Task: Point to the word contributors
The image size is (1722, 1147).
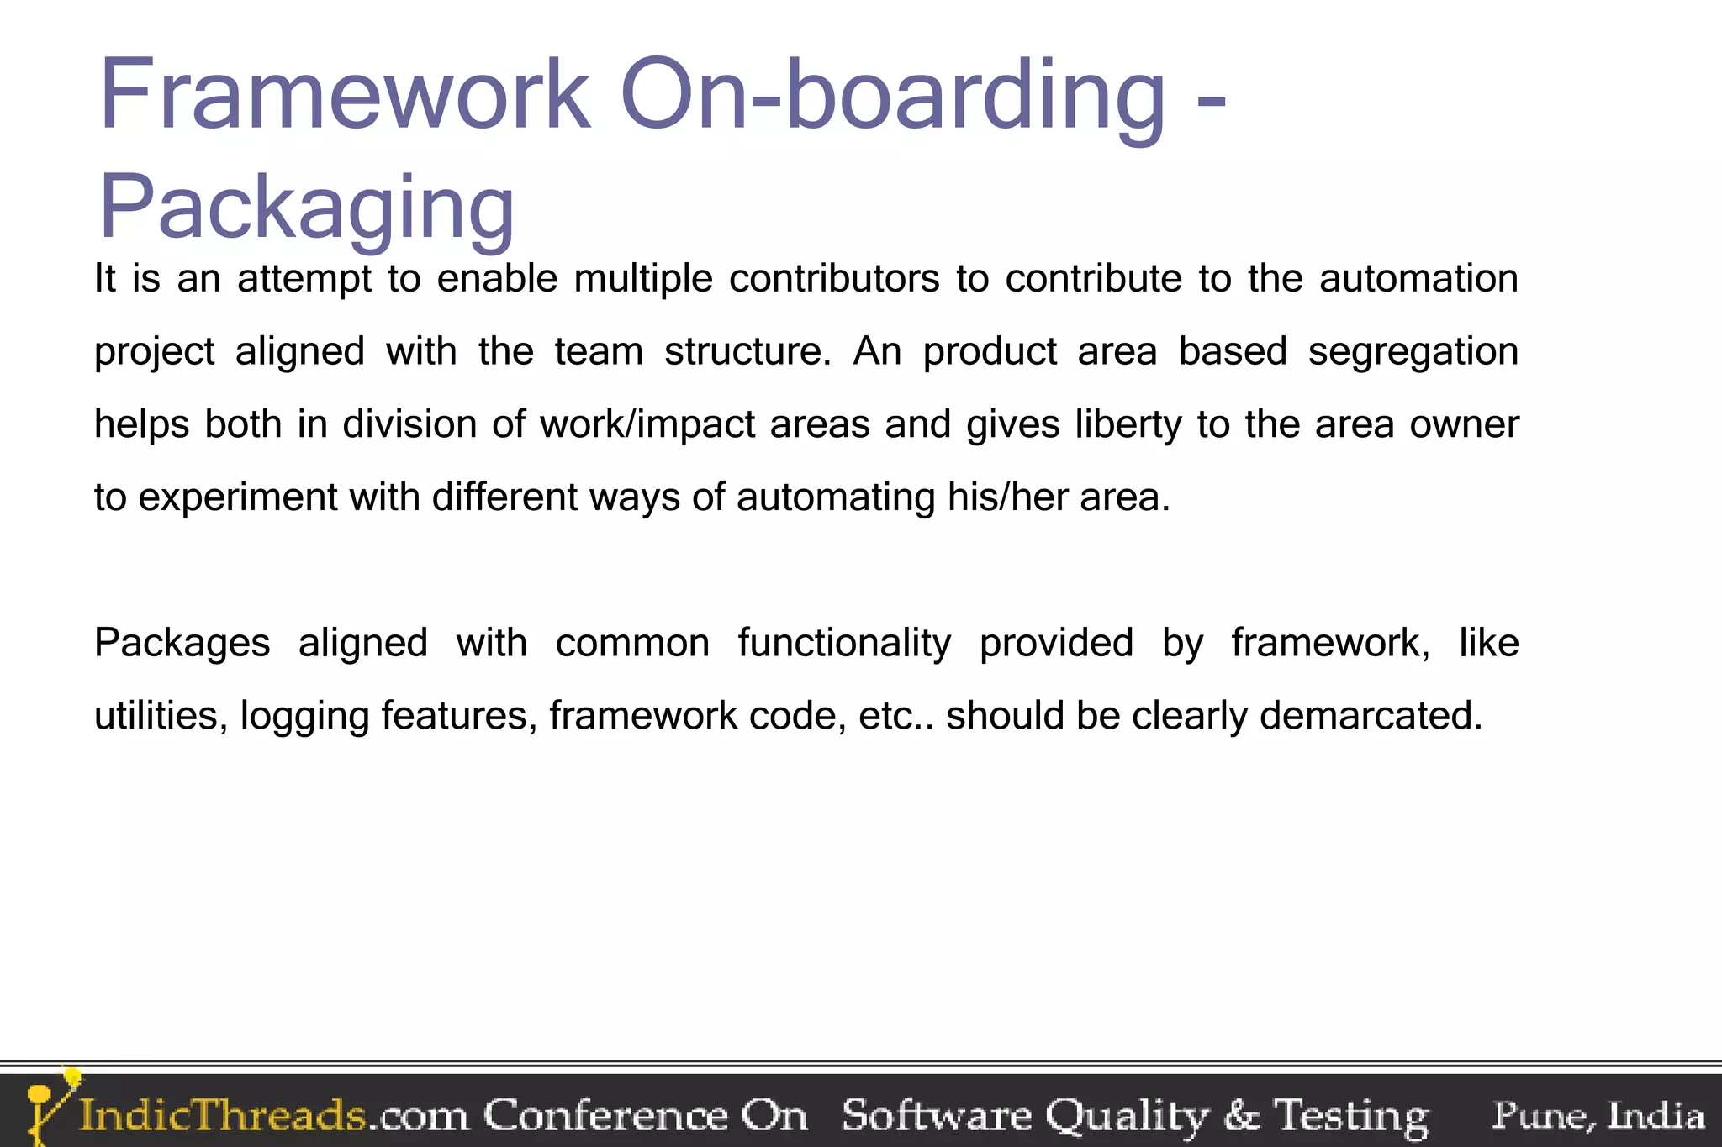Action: tap(834, 279)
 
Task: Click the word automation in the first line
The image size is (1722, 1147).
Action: tap(1418, 279)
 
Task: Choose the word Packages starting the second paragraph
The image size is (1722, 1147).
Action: tap(182, 644)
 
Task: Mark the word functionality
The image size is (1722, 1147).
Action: tap(844, 644)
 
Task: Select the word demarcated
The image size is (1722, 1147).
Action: tap(1371, 716)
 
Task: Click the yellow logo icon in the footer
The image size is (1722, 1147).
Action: tap(49, 1105)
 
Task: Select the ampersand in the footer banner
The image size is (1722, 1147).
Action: tap(1243, 1116)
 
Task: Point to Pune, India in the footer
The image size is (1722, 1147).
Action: tap(1598, 1116)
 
